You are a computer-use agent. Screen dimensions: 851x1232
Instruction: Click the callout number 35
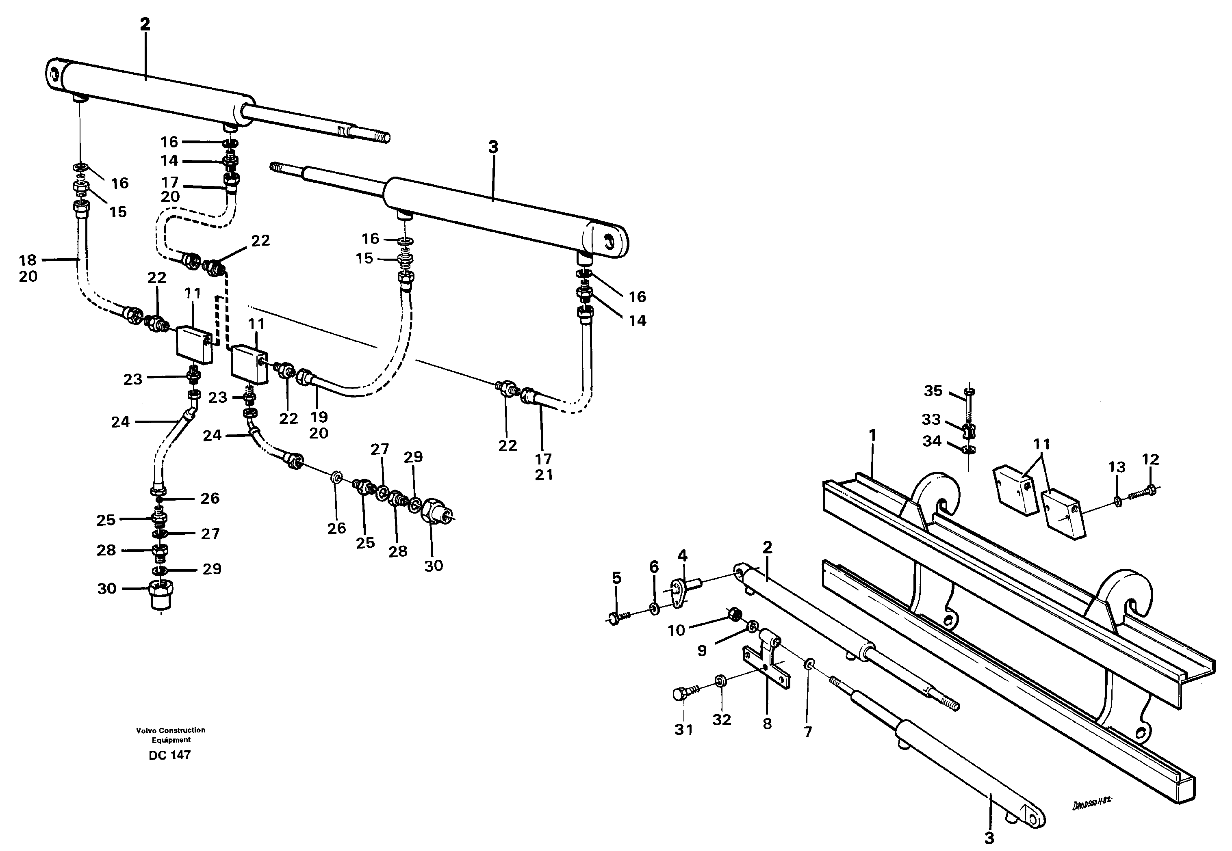click(933, 391)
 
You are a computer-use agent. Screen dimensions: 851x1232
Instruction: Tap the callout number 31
click(683, 730)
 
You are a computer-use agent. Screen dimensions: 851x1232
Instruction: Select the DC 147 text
click(170, 755)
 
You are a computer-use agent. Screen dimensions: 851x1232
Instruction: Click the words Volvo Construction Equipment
click(171, 735)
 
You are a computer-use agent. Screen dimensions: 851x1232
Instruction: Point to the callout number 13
click(1117, 467)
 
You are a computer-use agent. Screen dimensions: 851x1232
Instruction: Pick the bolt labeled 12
click(1142, 490)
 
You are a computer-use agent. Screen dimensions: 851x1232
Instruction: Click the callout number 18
click(28, 260)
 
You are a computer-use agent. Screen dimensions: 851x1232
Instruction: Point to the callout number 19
click(319, 417)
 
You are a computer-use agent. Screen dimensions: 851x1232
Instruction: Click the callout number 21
click(544, 475)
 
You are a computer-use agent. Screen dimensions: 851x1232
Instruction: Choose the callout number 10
click(676, 630)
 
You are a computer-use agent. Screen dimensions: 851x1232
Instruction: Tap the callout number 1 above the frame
click(872, 436)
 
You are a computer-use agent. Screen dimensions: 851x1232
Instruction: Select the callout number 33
click(931, 420)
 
